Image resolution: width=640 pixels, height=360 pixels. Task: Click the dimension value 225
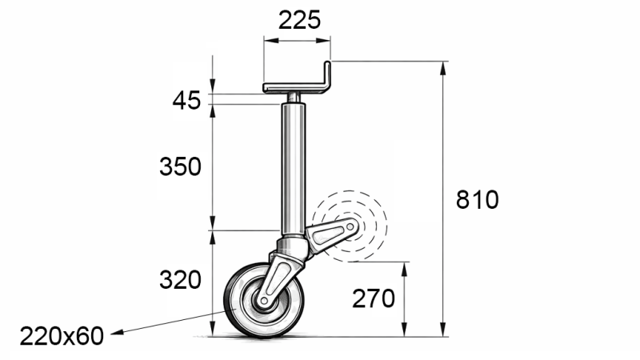click(299, 20)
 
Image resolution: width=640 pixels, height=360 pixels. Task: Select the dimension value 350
click(179, 167)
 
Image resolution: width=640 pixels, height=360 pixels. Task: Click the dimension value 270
click(374, 298)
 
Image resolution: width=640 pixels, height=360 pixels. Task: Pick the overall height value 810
click(477, 199)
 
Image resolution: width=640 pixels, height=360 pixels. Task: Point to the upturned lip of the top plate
click(327, 74)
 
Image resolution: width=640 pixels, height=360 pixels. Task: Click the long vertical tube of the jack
click(293, 168)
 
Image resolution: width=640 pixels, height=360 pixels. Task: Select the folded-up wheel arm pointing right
click(330, 234)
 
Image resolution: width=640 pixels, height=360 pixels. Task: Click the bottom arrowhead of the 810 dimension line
click(442, 331)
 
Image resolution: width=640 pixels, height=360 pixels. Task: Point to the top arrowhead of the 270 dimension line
click(406, 267)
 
